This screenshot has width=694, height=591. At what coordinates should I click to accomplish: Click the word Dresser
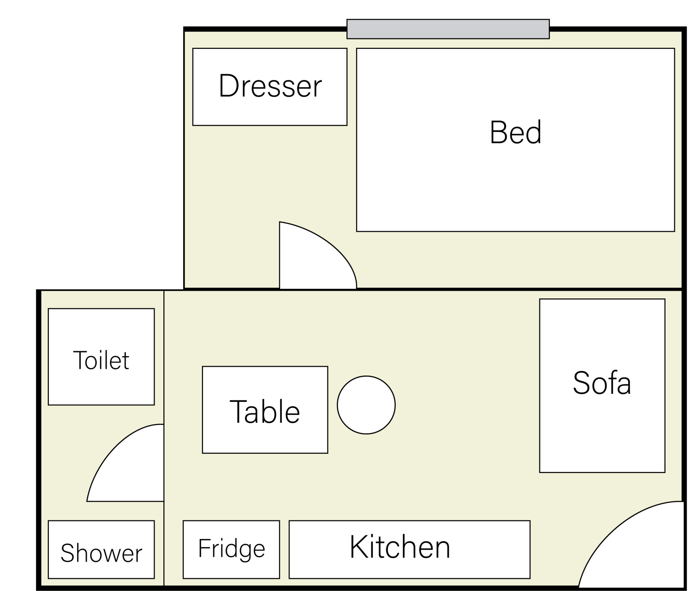point(270,86)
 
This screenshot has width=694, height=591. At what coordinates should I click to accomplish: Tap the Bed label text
point(515,132)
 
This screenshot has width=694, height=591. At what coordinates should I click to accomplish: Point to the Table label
point(265,412)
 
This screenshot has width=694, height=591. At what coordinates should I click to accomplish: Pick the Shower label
point(101,553)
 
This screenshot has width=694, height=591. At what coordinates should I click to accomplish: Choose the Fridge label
point(231,549)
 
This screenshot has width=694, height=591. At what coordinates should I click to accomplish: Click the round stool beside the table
point(366,405)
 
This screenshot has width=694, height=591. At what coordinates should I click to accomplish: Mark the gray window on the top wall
point(448,29)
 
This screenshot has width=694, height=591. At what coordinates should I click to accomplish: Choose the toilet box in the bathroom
point(101,357)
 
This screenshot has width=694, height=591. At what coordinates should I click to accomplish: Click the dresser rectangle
point(270,87)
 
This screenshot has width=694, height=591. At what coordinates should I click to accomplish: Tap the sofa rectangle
point(602,386)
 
